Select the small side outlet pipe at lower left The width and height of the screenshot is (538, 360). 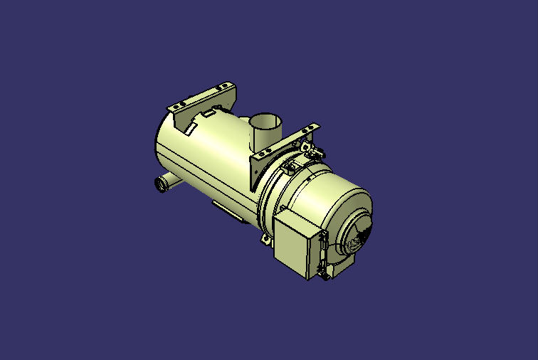pyautogui.click(x=164, y=182)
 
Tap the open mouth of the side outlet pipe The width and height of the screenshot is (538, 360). pyautogui.click(x=160, y=186)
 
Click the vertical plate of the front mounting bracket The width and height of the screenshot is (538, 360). pyautogui.click(x=257, y=171)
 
